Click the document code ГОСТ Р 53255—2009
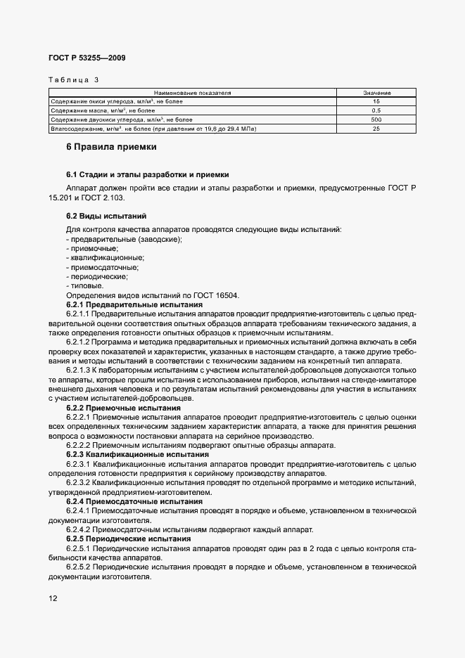(87, 58)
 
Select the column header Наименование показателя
(193, 93)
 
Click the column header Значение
(376, 93)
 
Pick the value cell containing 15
(376, 102)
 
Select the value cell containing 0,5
(376, 111)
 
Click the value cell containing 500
(376, 120)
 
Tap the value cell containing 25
(376, 129)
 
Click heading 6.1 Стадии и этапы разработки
(147, 174)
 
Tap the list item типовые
(85, 286)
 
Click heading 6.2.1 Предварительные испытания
(134, 305)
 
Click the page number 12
(53, 598)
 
